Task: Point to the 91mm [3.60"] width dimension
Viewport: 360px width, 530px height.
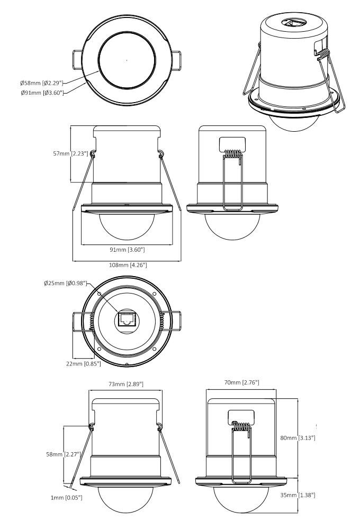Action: point(127,249)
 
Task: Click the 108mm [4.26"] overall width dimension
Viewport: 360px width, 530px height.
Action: point(127,264)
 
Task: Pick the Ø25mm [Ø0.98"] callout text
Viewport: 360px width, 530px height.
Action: point(64,284)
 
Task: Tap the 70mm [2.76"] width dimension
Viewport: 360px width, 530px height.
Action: point(241,382)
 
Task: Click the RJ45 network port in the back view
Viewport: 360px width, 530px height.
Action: point(127,318)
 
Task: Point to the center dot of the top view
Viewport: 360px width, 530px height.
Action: point(127,62)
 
